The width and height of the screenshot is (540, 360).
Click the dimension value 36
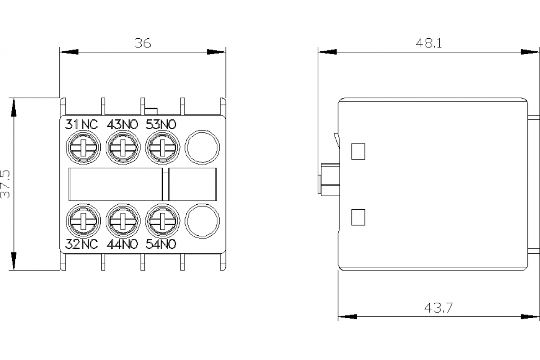pos(143,43)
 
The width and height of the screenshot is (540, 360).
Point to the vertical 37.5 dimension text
pos(5,184)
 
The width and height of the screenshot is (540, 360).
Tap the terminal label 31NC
pos(81,125)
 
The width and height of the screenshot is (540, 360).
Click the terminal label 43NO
pos(121,125)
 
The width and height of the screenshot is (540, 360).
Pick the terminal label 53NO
pos(161,125)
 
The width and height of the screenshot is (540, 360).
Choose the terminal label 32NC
pos(81,244)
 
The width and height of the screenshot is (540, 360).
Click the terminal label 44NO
pos(121,244)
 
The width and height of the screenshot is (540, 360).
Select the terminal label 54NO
pos(161,244)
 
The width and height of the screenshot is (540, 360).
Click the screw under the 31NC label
pos(83,147)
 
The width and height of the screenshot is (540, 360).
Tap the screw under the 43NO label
pos(122,147)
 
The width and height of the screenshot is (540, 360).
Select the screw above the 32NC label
pos(83,220)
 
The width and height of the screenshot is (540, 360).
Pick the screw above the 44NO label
pos(122,220)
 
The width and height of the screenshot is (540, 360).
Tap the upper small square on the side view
pos(358,151)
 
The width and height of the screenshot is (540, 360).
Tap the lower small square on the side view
pos(358,217)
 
